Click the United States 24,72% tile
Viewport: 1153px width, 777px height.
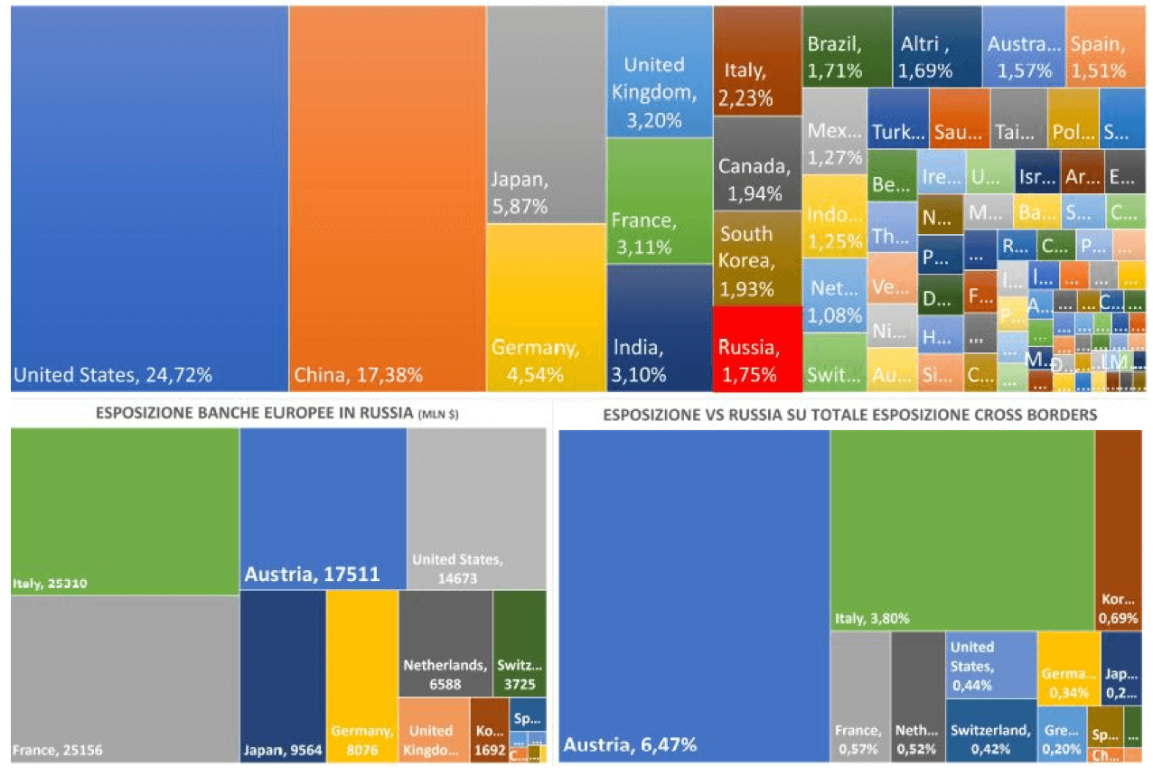click(x=149, y=199)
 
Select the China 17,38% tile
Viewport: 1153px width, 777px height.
click(x=387, y=199)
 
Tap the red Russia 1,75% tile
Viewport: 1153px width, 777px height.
click(x=757, y=349)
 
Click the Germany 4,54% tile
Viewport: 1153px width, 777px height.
click(x=546, y=307)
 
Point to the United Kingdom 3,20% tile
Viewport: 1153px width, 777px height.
click(x=659, y=72)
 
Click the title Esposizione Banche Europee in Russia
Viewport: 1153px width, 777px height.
click(x=257, y=415)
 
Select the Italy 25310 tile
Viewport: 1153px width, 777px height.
click(x=125, y=511)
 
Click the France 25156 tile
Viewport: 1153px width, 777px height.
click(x=125, y=678)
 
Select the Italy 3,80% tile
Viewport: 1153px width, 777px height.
click(x=961, y=529)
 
